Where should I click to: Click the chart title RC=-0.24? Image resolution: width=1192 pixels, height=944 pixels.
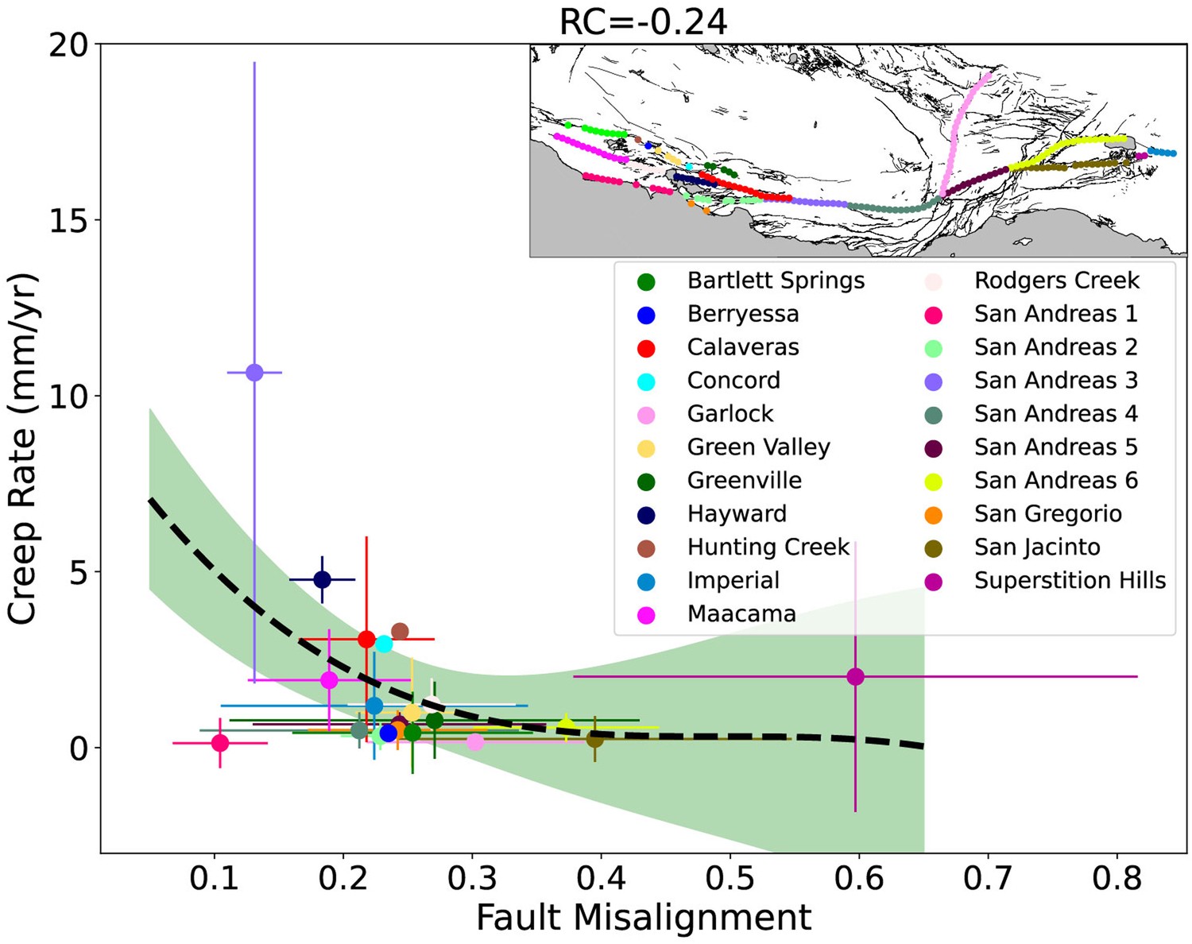643,21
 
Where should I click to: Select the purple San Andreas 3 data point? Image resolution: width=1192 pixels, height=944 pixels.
254,373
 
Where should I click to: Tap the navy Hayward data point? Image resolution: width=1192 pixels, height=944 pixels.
322,579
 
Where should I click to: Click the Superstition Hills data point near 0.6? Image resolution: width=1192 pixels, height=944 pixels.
855,677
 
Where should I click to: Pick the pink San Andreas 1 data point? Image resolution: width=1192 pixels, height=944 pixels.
220,743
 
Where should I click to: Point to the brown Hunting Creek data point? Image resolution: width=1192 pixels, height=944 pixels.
400,632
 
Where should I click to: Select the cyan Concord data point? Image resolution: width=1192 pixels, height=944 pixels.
384,644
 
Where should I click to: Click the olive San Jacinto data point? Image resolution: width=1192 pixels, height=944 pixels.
594,739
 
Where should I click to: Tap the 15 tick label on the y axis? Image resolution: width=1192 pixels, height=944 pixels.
68,221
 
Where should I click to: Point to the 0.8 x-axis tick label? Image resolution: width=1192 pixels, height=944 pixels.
1117,879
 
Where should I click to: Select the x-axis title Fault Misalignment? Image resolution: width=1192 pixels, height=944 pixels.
643,918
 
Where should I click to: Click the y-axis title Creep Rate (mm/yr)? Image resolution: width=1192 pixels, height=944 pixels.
23,449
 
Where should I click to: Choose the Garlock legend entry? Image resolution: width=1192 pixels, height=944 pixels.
730,414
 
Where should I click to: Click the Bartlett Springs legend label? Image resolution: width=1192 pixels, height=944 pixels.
776,280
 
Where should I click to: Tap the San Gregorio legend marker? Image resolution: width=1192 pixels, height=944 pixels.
934,515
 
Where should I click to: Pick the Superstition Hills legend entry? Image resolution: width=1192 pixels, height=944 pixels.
1070,581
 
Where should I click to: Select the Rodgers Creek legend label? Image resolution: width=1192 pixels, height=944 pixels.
1056,280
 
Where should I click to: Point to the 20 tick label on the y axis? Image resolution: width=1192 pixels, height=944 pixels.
68,45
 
